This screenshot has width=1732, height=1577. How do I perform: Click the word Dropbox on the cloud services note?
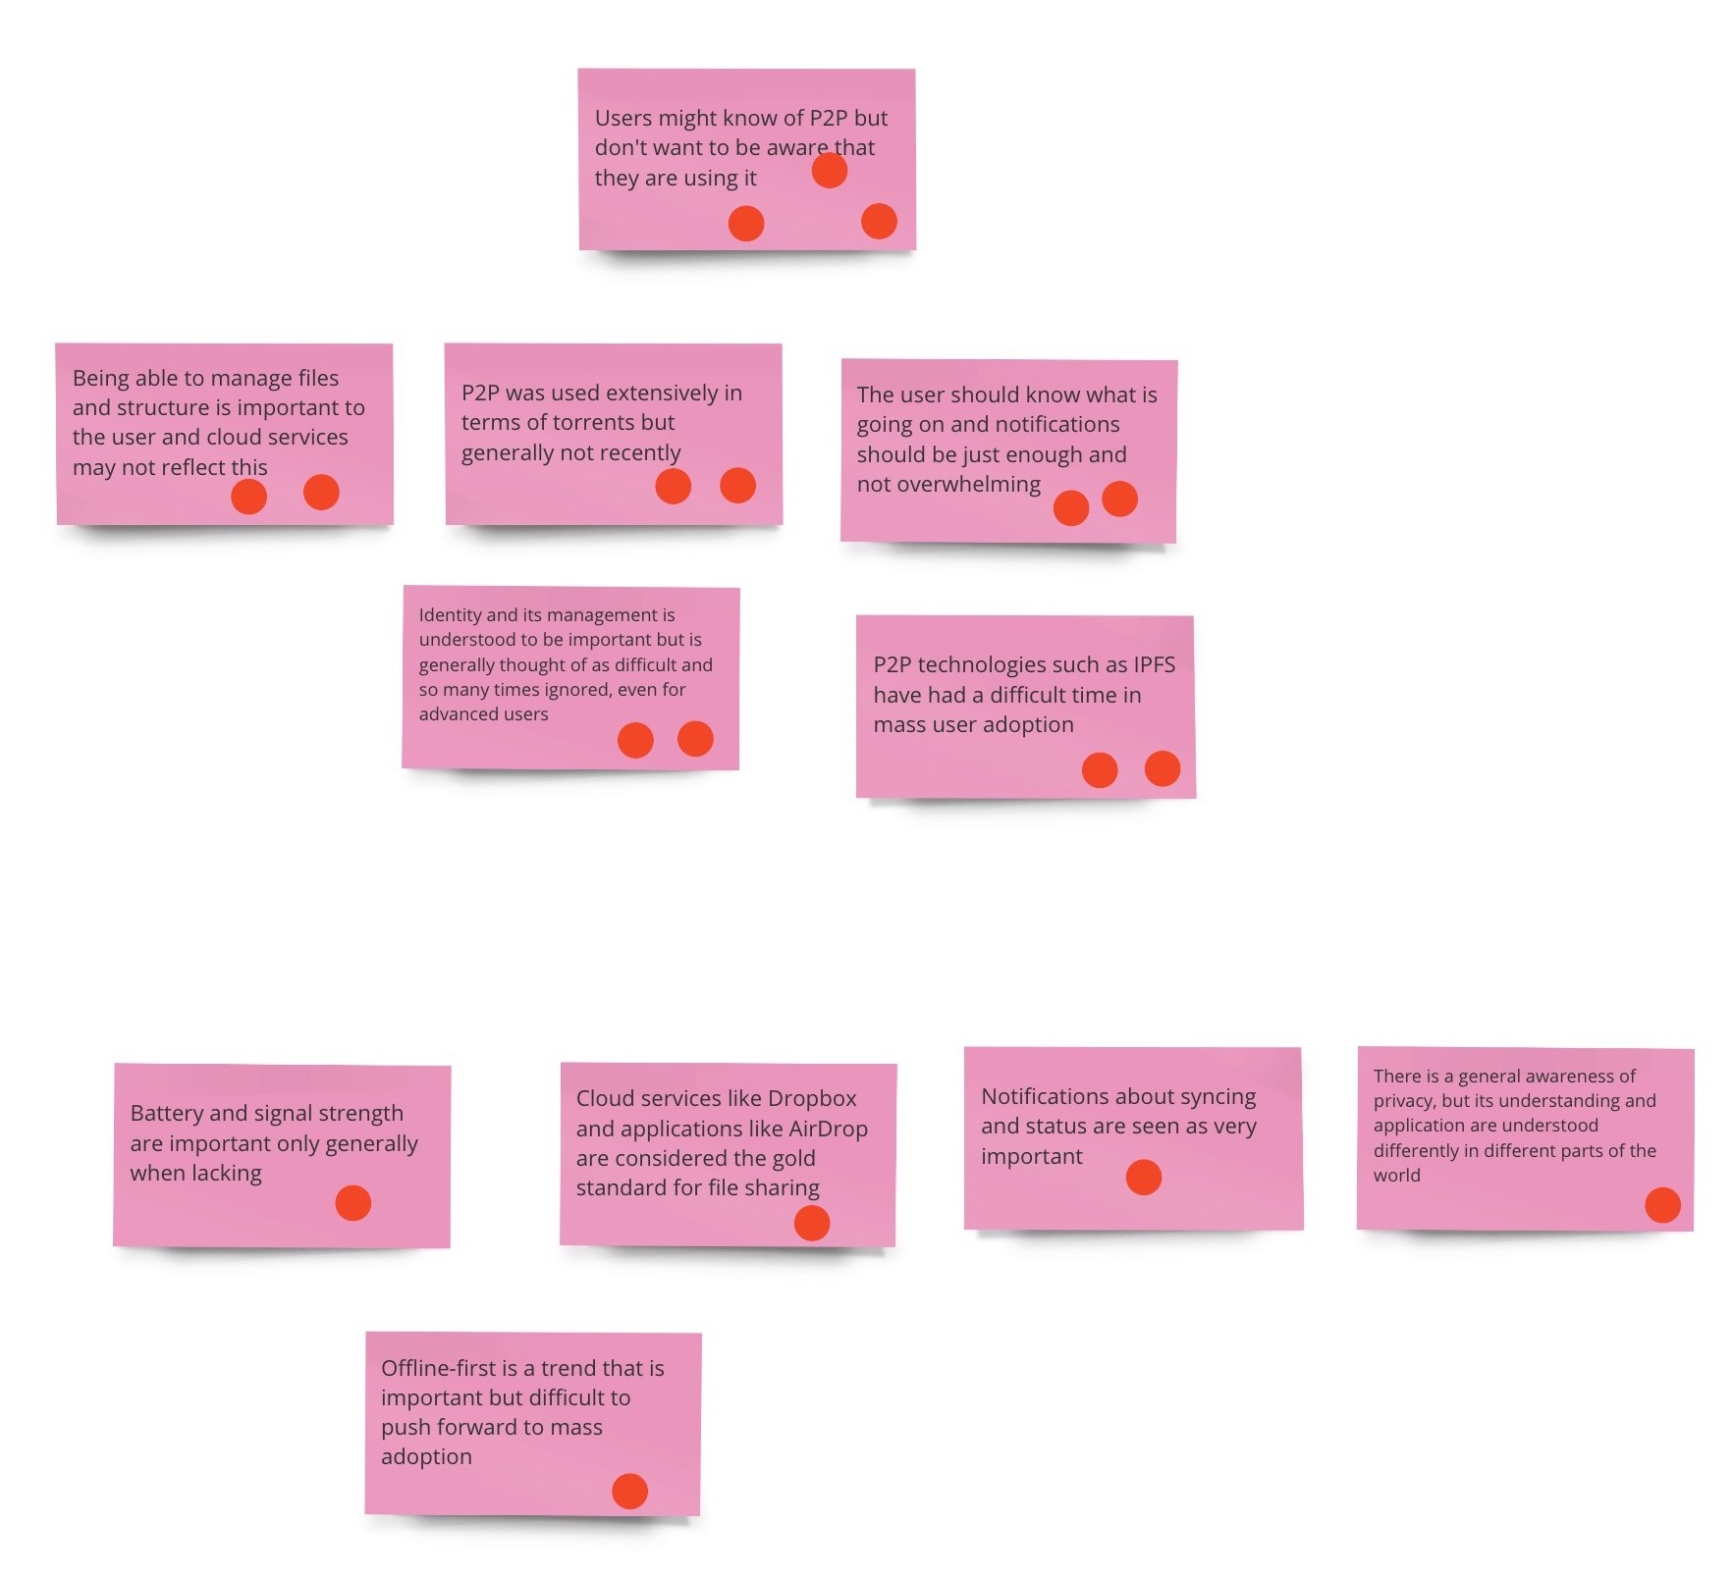(x=812, y=1098)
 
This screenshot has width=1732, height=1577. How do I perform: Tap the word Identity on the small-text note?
(x=450, y=615)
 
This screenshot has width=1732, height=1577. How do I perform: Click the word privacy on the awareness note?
(x=1403, y=1101)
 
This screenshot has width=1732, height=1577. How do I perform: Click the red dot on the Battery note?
(x=353, y=1203)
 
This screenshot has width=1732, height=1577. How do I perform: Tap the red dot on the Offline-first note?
(x=629, y=1491)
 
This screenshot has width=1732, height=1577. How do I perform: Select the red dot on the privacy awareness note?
(x=1662, y=1205)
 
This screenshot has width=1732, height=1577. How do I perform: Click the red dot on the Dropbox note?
(x=812, y=1223)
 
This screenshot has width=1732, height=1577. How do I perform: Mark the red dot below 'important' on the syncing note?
(x=1144, y=1178)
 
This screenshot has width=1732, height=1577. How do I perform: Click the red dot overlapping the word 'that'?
(x=830, y=171)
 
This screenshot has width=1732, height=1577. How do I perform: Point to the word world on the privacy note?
(x=1396, y=1176)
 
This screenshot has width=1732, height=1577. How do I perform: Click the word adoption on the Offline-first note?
(x=426, y=1457)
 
